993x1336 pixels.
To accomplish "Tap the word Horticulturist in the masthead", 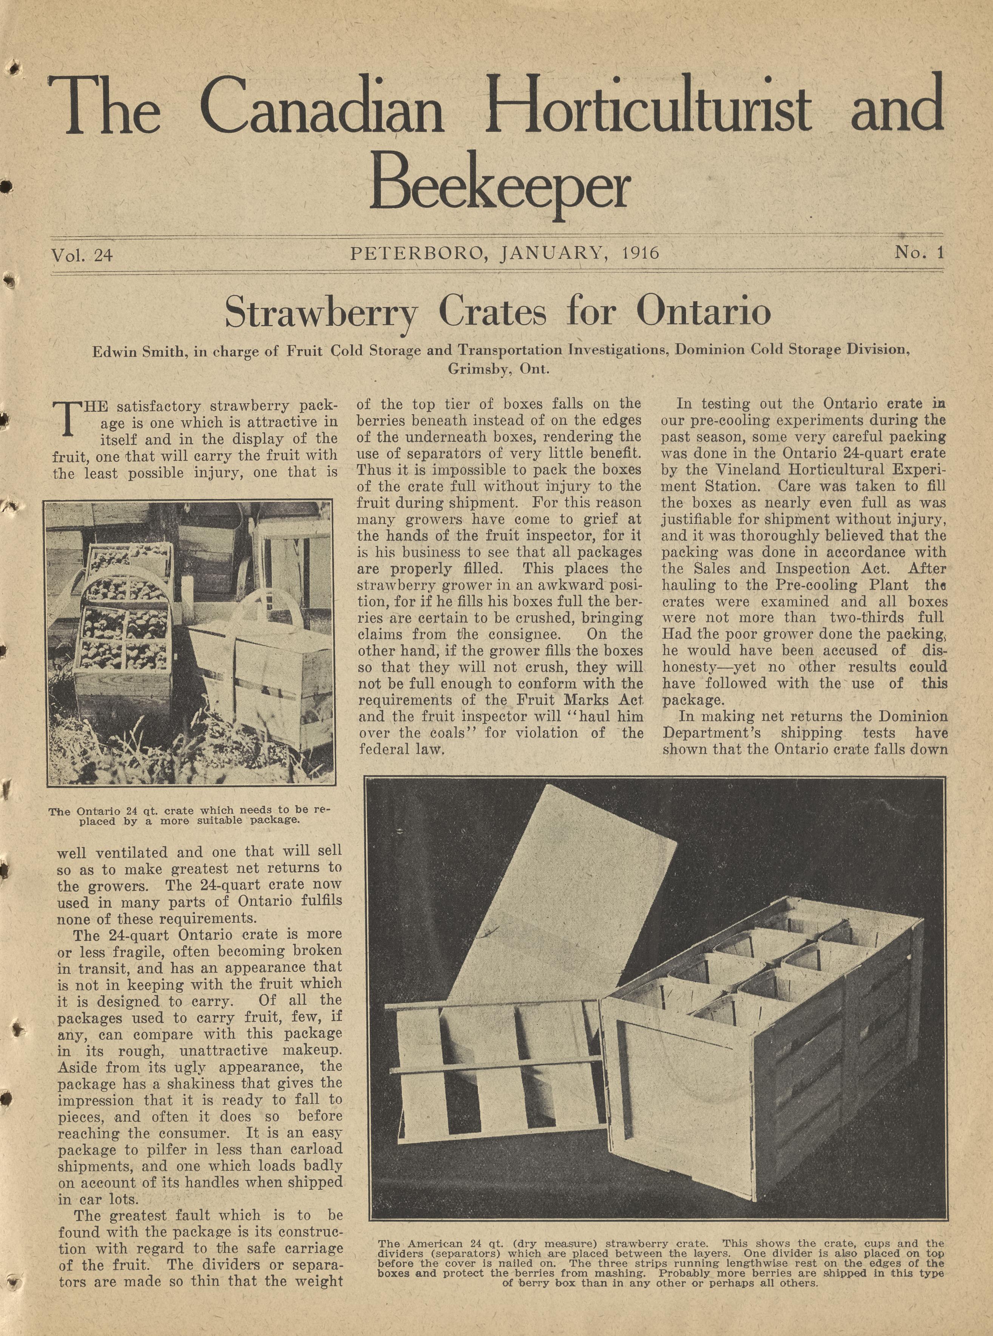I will pyautogui.click(x=649, y=105).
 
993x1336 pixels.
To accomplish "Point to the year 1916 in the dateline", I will pyautogui.click(x=641, y=253).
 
